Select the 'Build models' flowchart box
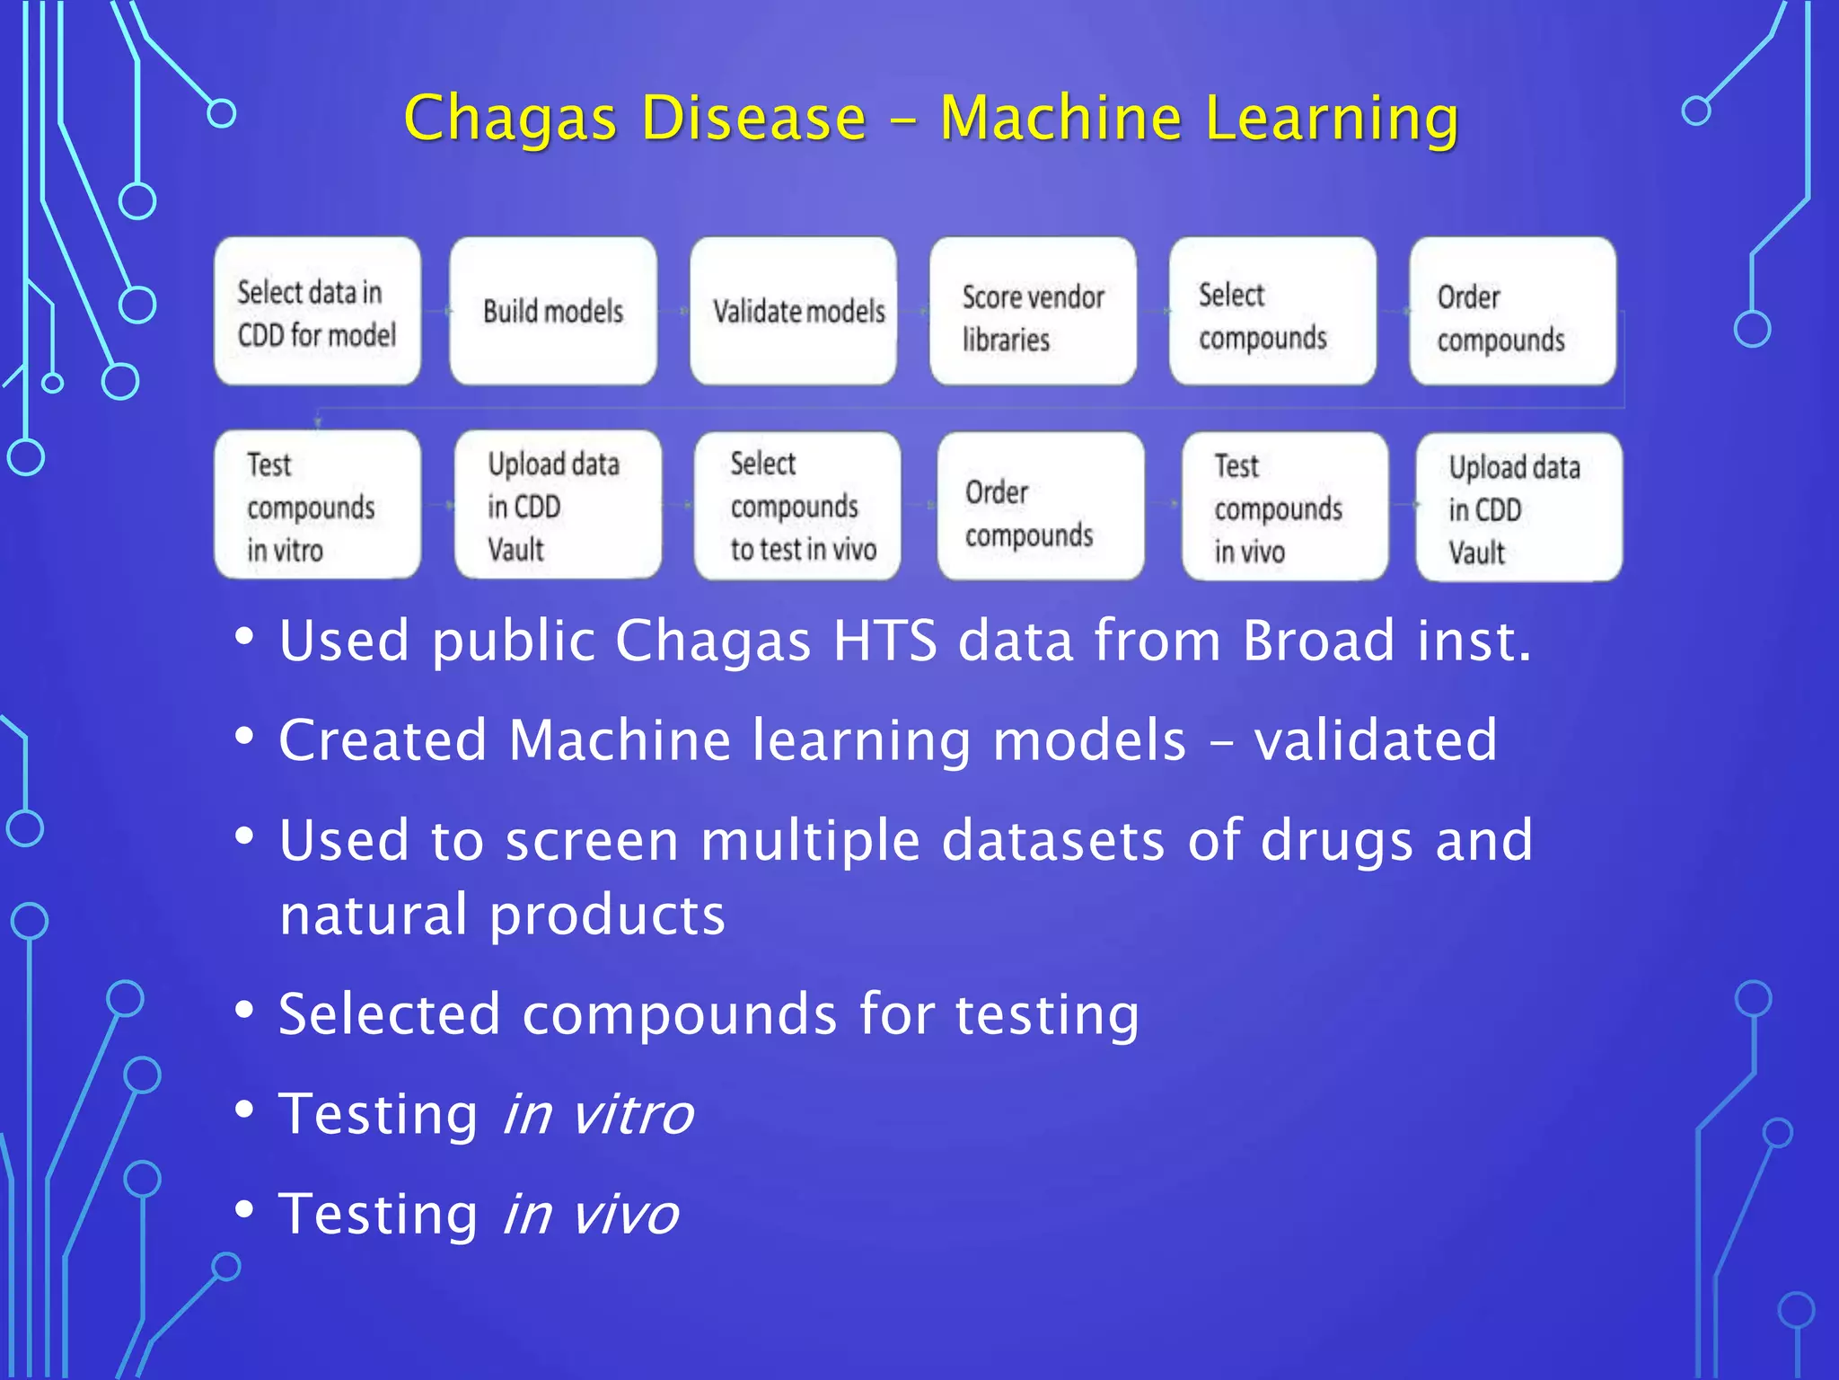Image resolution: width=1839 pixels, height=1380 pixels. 553,311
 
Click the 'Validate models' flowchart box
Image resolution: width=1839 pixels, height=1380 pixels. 794,311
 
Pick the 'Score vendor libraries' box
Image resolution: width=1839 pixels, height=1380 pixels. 1033,311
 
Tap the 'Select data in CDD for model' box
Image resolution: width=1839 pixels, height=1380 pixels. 317,311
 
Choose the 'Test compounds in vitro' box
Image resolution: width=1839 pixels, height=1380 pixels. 317,505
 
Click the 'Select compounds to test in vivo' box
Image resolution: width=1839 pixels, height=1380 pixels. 797,505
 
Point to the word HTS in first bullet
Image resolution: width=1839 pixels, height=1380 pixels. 884,641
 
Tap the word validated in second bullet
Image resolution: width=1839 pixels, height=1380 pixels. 1375,740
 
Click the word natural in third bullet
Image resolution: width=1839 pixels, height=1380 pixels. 374,915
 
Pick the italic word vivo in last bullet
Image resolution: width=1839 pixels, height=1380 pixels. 626,1214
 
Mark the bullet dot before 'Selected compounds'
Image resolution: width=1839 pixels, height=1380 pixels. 244,1010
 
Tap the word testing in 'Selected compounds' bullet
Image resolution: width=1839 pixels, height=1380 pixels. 1046,1014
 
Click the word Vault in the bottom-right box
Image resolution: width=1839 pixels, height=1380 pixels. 1476,553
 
